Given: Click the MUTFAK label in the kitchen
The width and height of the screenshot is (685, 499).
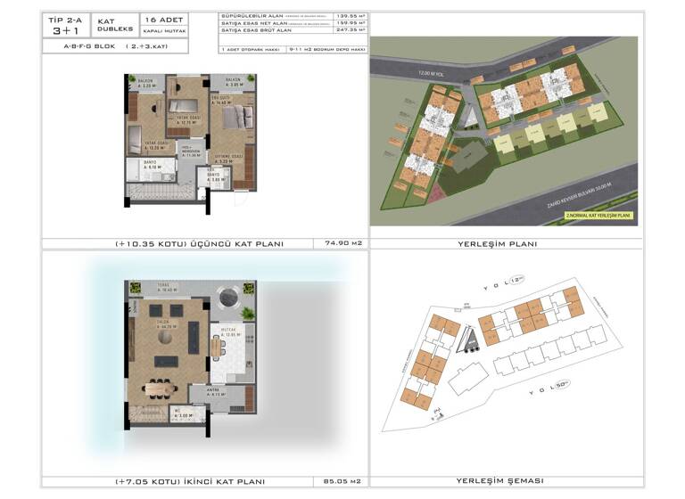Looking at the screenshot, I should click(227, 331).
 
